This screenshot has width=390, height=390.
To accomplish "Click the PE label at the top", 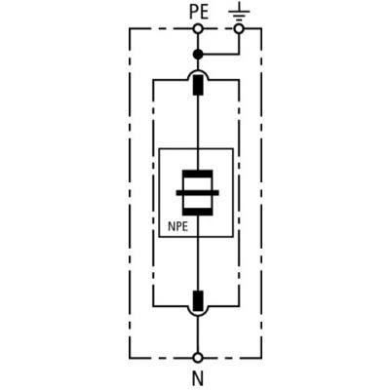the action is coord(199,13).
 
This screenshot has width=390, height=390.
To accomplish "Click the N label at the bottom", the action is coord(198,378).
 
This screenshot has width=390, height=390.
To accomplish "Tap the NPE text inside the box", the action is coord(177,226).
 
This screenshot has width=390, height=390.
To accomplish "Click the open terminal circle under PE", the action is coord(198,28).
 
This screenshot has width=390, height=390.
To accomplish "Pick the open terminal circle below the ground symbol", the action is coord(239,28).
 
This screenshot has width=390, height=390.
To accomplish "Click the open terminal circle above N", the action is coord(198,358).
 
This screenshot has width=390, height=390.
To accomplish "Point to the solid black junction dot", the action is coord(198,55).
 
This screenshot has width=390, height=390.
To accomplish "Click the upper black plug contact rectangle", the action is coord(198,85).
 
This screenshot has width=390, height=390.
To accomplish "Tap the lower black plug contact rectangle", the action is coord(198,301).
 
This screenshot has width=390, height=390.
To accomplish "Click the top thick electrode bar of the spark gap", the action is coord(198,174).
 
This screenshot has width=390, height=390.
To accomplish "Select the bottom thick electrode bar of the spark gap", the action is coord(198,212).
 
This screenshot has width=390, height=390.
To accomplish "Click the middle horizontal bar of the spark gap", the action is coord(198,193).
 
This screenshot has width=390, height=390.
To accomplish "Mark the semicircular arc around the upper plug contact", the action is coord(198,70).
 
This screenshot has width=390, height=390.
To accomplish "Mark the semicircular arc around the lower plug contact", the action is coord(198,315).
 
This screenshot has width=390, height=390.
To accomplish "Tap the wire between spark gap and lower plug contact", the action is coord(198,253).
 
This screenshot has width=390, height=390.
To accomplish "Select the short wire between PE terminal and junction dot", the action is coord(198,42).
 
